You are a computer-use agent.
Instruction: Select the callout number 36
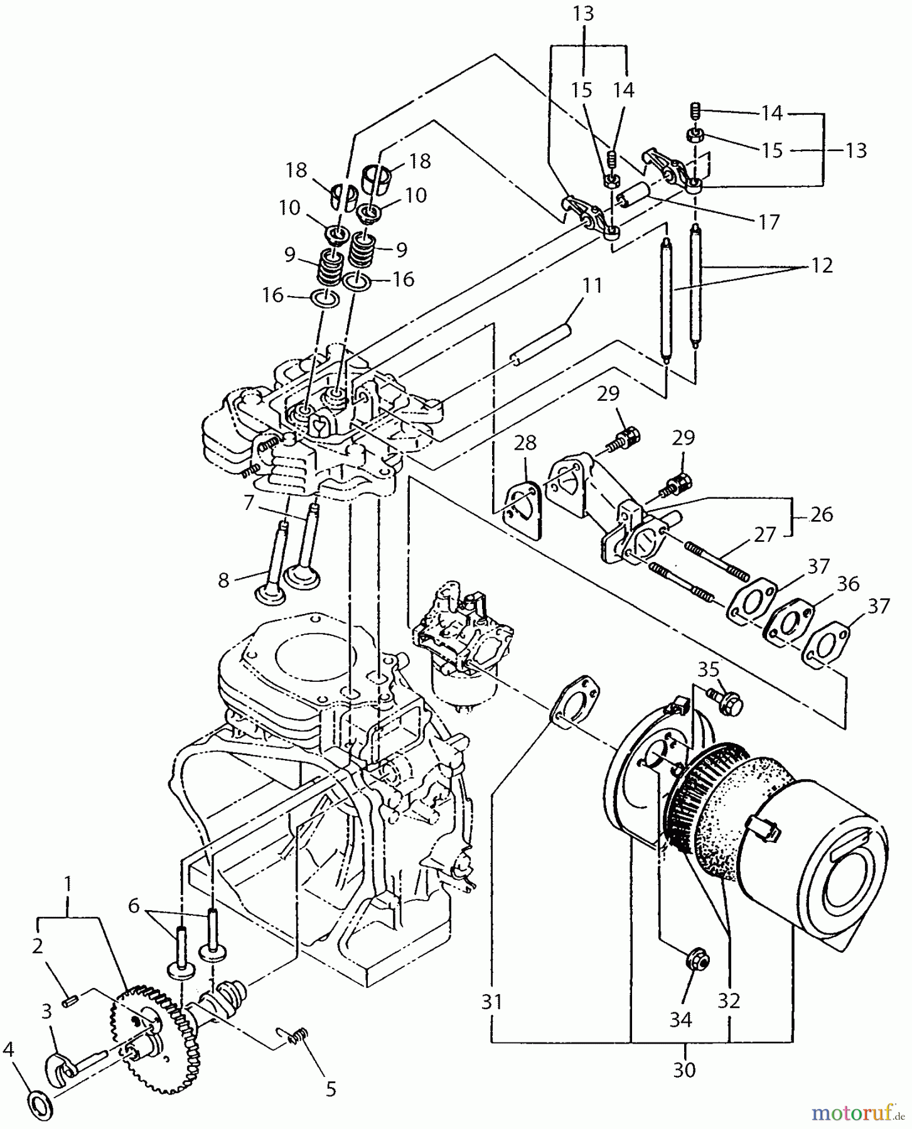(847, 584)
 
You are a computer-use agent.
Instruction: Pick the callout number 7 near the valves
(249, 502)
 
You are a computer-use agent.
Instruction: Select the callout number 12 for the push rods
(821, 265)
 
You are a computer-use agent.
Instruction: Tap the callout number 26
(821, 514)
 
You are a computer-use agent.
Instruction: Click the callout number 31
(492, 1002)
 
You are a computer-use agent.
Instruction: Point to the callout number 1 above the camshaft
(68, 884)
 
